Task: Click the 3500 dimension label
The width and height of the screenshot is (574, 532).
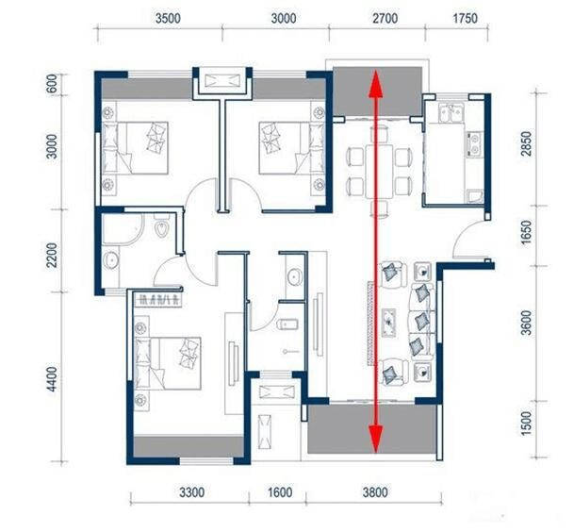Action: pyautogui.click(x=168, y=18)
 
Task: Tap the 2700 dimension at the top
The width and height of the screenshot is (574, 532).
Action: pyautogui.click(x=385, y=18)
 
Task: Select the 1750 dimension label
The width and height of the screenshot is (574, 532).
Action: pyautogui.click(x=466, y=18)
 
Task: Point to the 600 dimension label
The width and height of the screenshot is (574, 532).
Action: pyautogui.click(x=53, y=84)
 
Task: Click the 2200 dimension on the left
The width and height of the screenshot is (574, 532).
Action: pyautogui.click(x=52, y=255)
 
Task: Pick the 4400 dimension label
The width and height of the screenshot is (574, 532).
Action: pyautogui.click(x=52, y=379)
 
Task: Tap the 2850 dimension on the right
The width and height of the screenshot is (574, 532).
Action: pyautogui.click(x=526, y=143)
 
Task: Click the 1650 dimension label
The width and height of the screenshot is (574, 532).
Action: pyautogui.click(x=526, y=232)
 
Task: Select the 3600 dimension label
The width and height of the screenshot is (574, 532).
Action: pyautogui.click(x=526, y=323)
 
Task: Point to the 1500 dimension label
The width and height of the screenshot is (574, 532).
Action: pyautogui.click(x=526, y=424)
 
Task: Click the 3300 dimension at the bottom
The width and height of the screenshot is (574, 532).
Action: pyautogui.click(x=192, y=492)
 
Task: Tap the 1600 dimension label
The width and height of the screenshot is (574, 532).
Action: pyautogui.click(x=280, y=492)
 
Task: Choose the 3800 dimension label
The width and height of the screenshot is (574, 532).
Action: pyautogui.click(x=375, y=492)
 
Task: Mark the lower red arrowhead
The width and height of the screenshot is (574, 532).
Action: pyautogui.click(x=376, y=439)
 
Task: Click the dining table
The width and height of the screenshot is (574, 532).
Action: pyautogui.click(x=379, y=171)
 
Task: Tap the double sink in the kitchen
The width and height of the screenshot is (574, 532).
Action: pyautogui.click(x=451, y=113)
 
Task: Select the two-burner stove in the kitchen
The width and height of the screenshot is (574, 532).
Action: pyautogui.click(x=474, y=143)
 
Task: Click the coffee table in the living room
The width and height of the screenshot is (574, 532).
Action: pyautogui.click(x=388, y=323)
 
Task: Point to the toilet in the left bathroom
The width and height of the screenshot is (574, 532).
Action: pyautogui.click(x=161, y=227)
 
